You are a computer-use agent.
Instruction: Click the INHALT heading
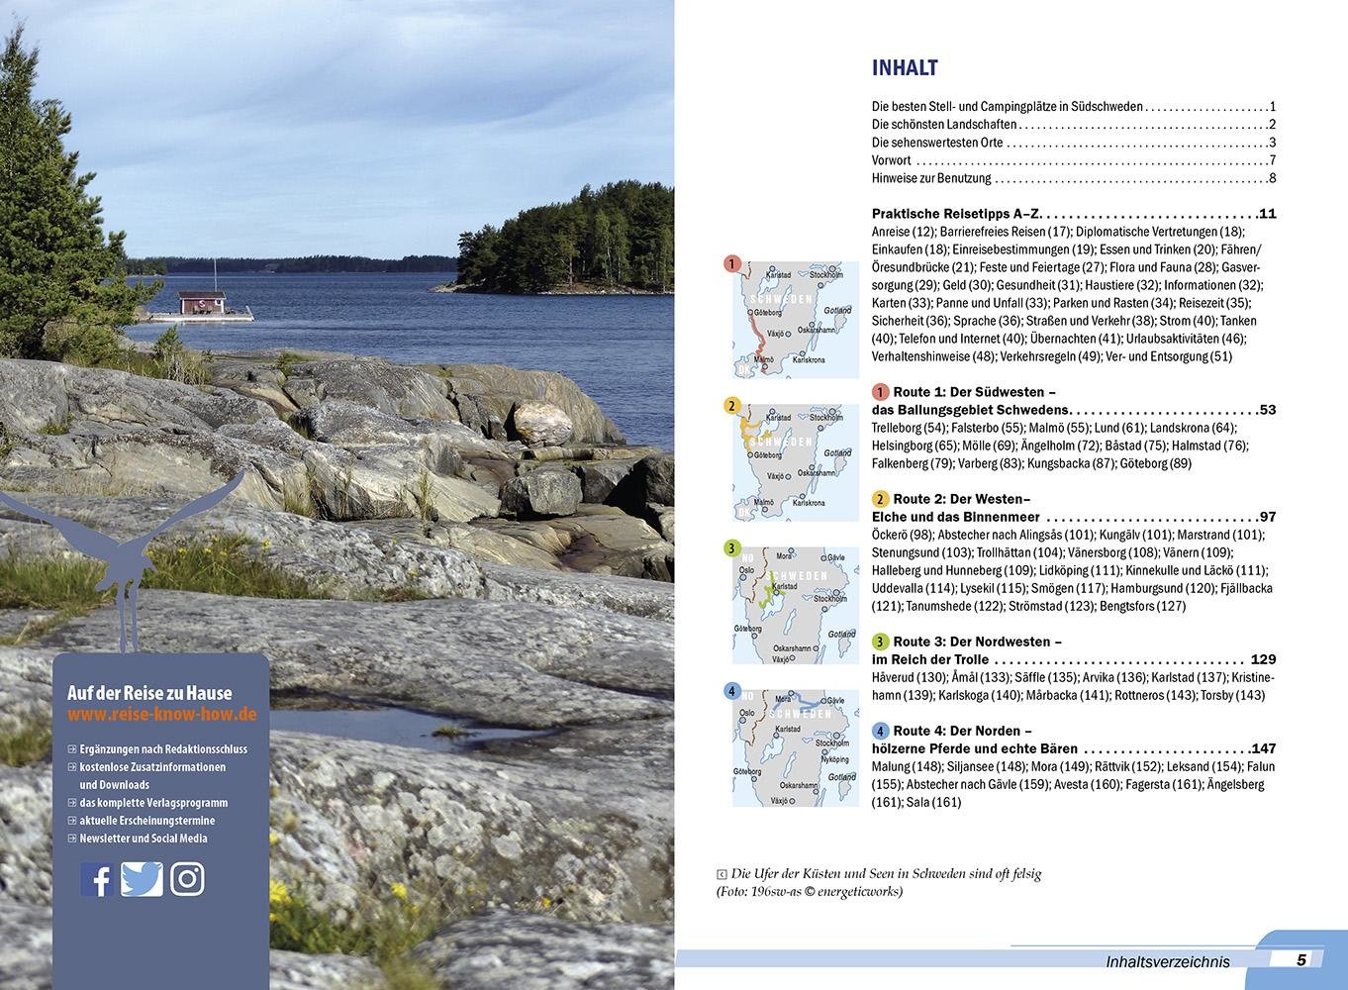pyautogui.click(x=905, y=68)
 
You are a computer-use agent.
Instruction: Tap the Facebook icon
pyautogui.click(x=96, y=879)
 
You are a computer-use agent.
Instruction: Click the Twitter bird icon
pyautogui.click(x=142, y=879)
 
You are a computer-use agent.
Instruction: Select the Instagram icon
pyautogui.click(x=187, y=879)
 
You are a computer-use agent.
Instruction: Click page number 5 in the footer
pyautogui.click(x=1301, y=959)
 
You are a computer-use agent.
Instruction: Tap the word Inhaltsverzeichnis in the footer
pyautogui.click(x=1168, y=961)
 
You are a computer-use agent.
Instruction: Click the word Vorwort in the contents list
pyautogui.click(x=892, y=160)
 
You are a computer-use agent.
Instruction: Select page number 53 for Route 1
pyautogui.click(x=1267, y=410)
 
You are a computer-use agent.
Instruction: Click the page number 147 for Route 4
pyautogui.click(x=1263, y=748)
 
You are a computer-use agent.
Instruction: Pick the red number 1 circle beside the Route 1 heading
pyautogui.click(x=881, y=392)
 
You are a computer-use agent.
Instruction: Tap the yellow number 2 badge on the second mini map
pyautogui.click(x=732, y=405)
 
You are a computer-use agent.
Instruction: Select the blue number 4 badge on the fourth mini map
pyautogui.click(x=732, y=691)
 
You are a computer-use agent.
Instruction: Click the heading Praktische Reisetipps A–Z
pyautogui.click(x=957, y=214)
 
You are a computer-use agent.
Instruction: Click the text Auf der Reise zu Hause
pyautogui.click(x=149, y=693)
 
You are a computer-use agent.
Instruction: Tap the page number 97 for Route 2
pyautogui.click(x=1267, y=517)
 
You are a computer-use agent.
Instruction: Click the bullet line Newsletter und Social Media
pyautogui.click(x=144, y=839)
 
